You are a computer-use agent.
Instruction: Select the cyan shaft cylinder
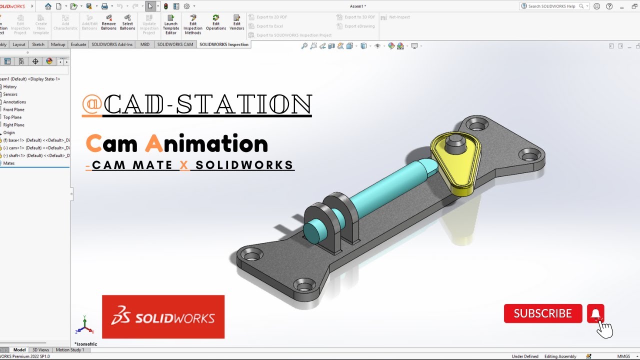[x=385, y=187]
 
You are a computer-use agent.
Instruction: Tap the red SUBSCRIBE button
[x=543, y=313]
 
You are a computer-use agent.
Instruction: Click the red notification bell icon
[x=595, y=313]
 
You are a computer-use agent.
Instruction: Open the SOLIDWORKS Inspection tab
[x=223, y=44]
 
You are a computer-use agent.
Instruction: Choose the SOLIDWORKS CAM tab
[x=175, y=44]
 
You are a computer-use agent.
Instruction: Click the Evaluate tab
[x=78, y=44]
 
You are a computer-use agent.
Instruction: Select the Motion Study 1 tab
[x=69, y=350]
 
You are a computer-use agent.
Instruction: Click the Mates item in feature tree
[x=9, y=163]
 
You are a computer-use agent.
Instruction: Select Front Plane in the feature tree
[x=13, y=109]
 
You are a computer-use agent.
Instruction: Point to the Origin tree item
[x=9, y=132]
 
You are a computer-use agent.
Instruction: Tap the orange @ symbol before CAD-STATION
[x=92, y=104]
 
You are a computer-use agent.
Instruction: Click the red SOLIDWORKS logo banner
[x=163, y=317]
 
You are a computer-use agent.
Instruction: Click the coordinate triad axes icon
[x=84, y=326]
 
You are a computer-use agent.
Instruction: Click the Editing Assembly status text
[x=560, y=356]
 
